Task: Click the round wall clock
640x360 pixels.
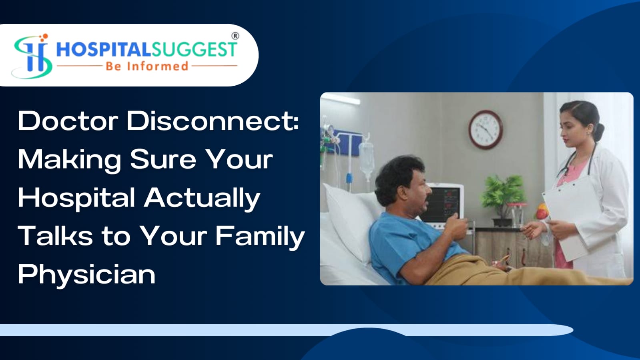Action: (x=486, y=129)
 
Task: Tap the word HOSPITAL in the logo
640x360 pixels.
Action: (x=103, y=50)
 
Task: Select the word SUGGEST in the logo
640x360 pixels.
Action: (x=194, y=50)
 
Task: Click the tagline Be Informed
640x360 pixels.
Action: (x=147, y=66)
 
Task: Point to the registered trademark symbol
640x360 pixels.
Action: (x=235, y=36)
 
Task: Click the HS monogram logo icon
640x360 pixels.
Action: (x=32, y=56)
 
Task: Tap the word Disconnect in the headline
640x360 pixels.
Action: (x=213, y=121)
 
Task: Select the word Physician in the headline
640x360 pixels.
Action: (x=86, y=275)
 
